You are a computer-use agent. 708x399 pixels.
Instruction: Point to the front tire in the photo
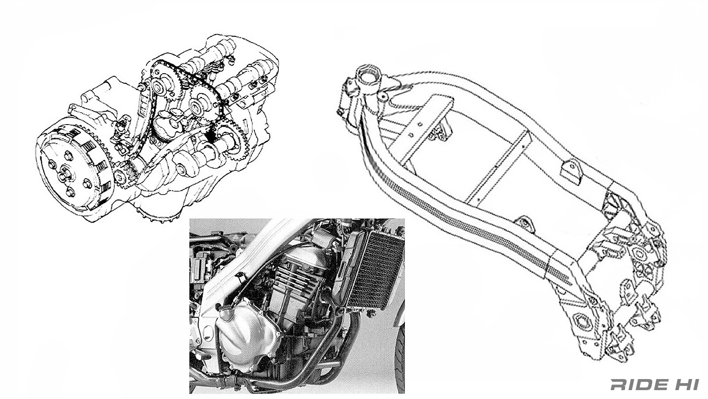click(x=400, y=358)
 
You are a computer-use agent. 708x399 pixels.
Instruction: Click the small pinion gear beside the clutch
click(x=120, y=178)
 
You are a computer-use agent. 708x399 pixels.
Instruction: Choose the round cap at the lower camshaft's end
click(x=181, y=169)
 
